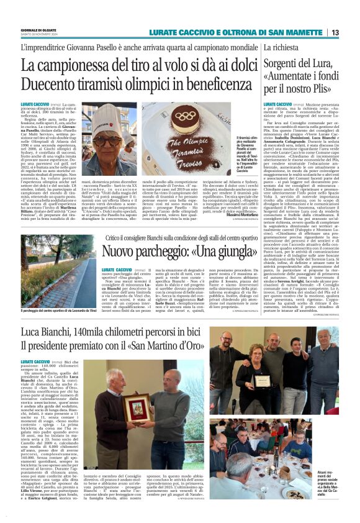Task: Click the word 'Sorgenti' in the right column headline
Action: pyautogui.click(x=286, y=63)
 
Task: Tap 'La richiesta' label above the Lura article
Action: pyautogui.click(x=281, y=47)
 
